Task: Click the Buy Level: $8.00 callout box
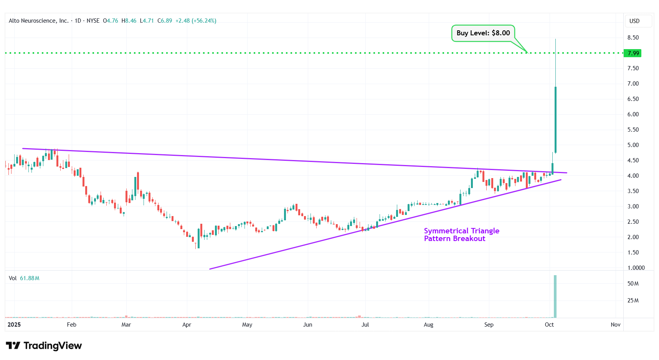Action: click(x=483, y=33)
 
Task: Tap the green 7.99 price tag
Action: click(x=633, y=53)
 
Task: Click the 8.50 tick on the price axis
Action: click(x=633, y=38)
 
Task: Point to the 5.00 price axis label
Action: click(x=633, y=145)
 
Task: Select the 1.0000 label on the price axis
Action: click(x=636, y=268)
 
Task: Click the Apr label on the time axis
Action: click(x=187, y=325)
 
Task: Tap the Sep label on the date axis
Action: click(x=489, y=325)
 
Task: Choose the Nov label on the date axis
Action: click(x=615, y=325)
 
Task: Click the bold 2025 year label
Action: click(x=14, y=325)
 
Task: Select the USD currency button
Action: click(x=634, y=21)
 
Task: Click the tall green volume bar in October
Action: click(x=555, y=296)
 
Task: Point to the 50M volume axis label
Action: click(x=633, y=284)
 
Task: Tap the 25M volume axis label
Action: click(x=633, y=301)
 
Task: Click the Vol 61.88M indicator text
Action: click(x=24, y=278)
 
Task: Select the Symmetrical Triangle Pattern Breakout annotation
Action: click(x=461, y=234)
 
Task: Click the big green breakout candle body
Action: click(x=555, y=120)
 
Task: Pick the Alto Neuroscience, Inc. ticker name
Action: click(x=38, y=21)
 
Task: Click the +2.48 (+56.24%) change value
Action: click(x=196, y=21)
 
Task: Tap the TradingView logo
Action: click(x=44, y=346)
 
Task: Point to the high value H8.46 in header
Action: click(x=129, y=21)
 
